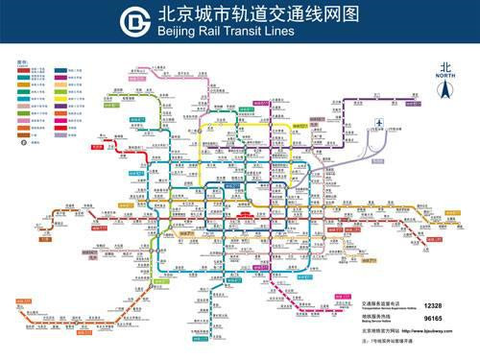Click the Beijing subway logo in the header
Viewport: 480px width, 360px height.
click(x=136, y=21)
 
